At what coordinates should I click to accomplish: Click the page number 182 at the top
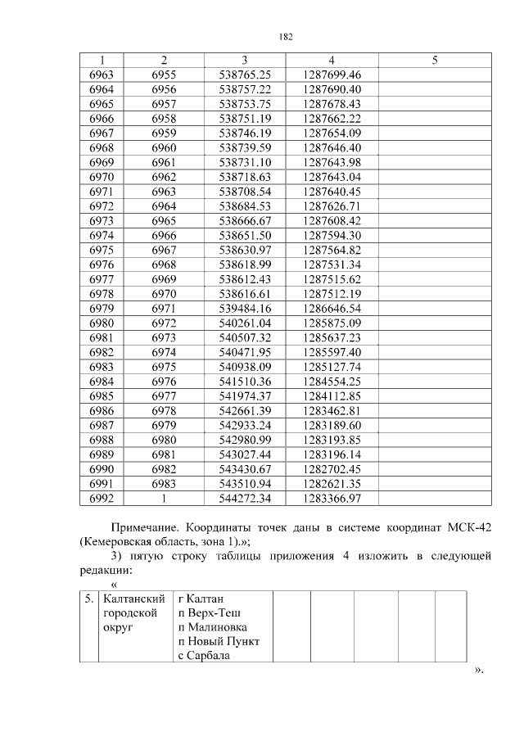click(x=286, y=37)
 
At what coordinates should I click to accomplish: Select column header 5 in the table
click(x=434, y=60)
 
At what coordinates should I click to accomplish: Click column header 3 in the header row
click(x=245, y=60)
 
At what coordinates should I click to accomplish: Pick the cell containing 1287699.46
click(x=331, y=75)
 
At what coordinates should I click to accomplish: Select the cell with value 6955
click(x=164, y=75)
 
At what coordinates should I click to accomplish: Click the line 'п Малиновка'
click(x=211, y=626)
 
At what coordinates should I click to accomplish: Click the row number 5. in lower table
click(x=89, y=599)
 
